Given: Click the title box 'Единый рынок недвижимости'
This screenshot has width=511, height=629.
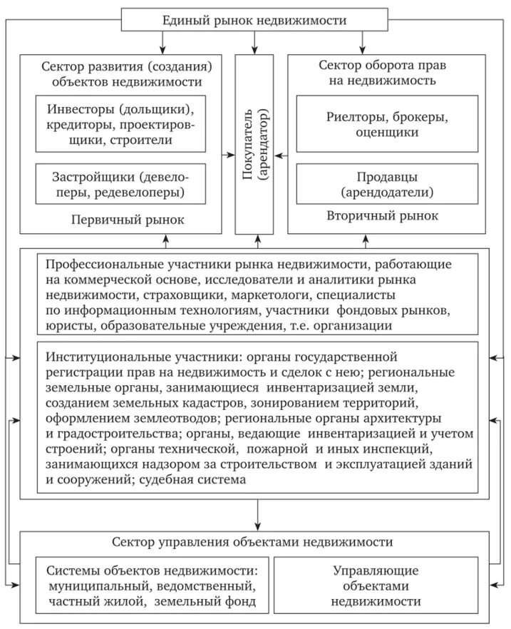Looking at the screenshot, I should tap(254, 20).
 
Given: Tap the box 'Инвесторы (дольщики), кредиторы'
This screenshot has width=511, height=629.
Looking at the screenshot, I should tap(120, 126).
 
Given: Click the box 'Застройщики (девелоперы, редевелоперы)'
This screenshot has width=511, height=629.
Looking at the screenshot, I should tap(120, 184).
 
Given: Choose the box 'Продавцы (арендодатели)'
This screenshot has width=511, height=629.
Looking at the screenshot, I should tap(387, 184).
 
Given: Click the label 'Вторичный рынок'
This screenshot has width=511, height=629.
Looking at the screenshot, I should tap(382, 215).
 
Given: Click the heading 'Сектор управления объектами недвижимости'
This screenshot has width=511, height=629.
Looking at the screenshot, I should tap(252, 542).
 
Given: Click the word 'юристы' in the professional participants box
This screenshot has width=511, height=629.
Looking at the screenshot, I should tap(69, 326).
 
